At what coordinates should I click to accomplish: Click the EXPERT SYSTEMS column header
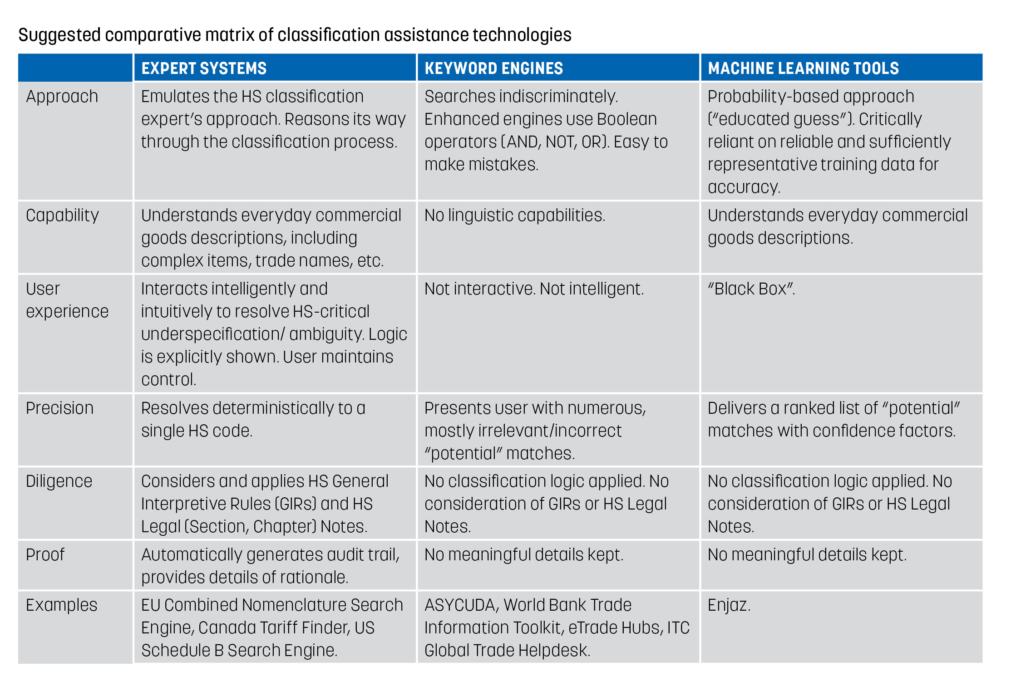[x=204, y=69]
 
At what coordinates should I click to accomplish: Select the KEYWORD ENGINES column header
[x=493, y=69]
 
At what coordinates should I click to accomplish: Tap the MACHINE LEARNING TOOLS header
[x=803, y=69]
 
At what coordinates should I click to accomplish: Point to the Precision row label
[x=59, y=408]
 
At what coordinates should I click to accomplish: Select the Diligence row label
[x=59, y=481]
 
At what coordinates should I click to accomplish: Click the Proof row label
[x=45, y=554]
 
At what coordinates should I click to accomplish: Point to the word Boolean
[x=627, y=119]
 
